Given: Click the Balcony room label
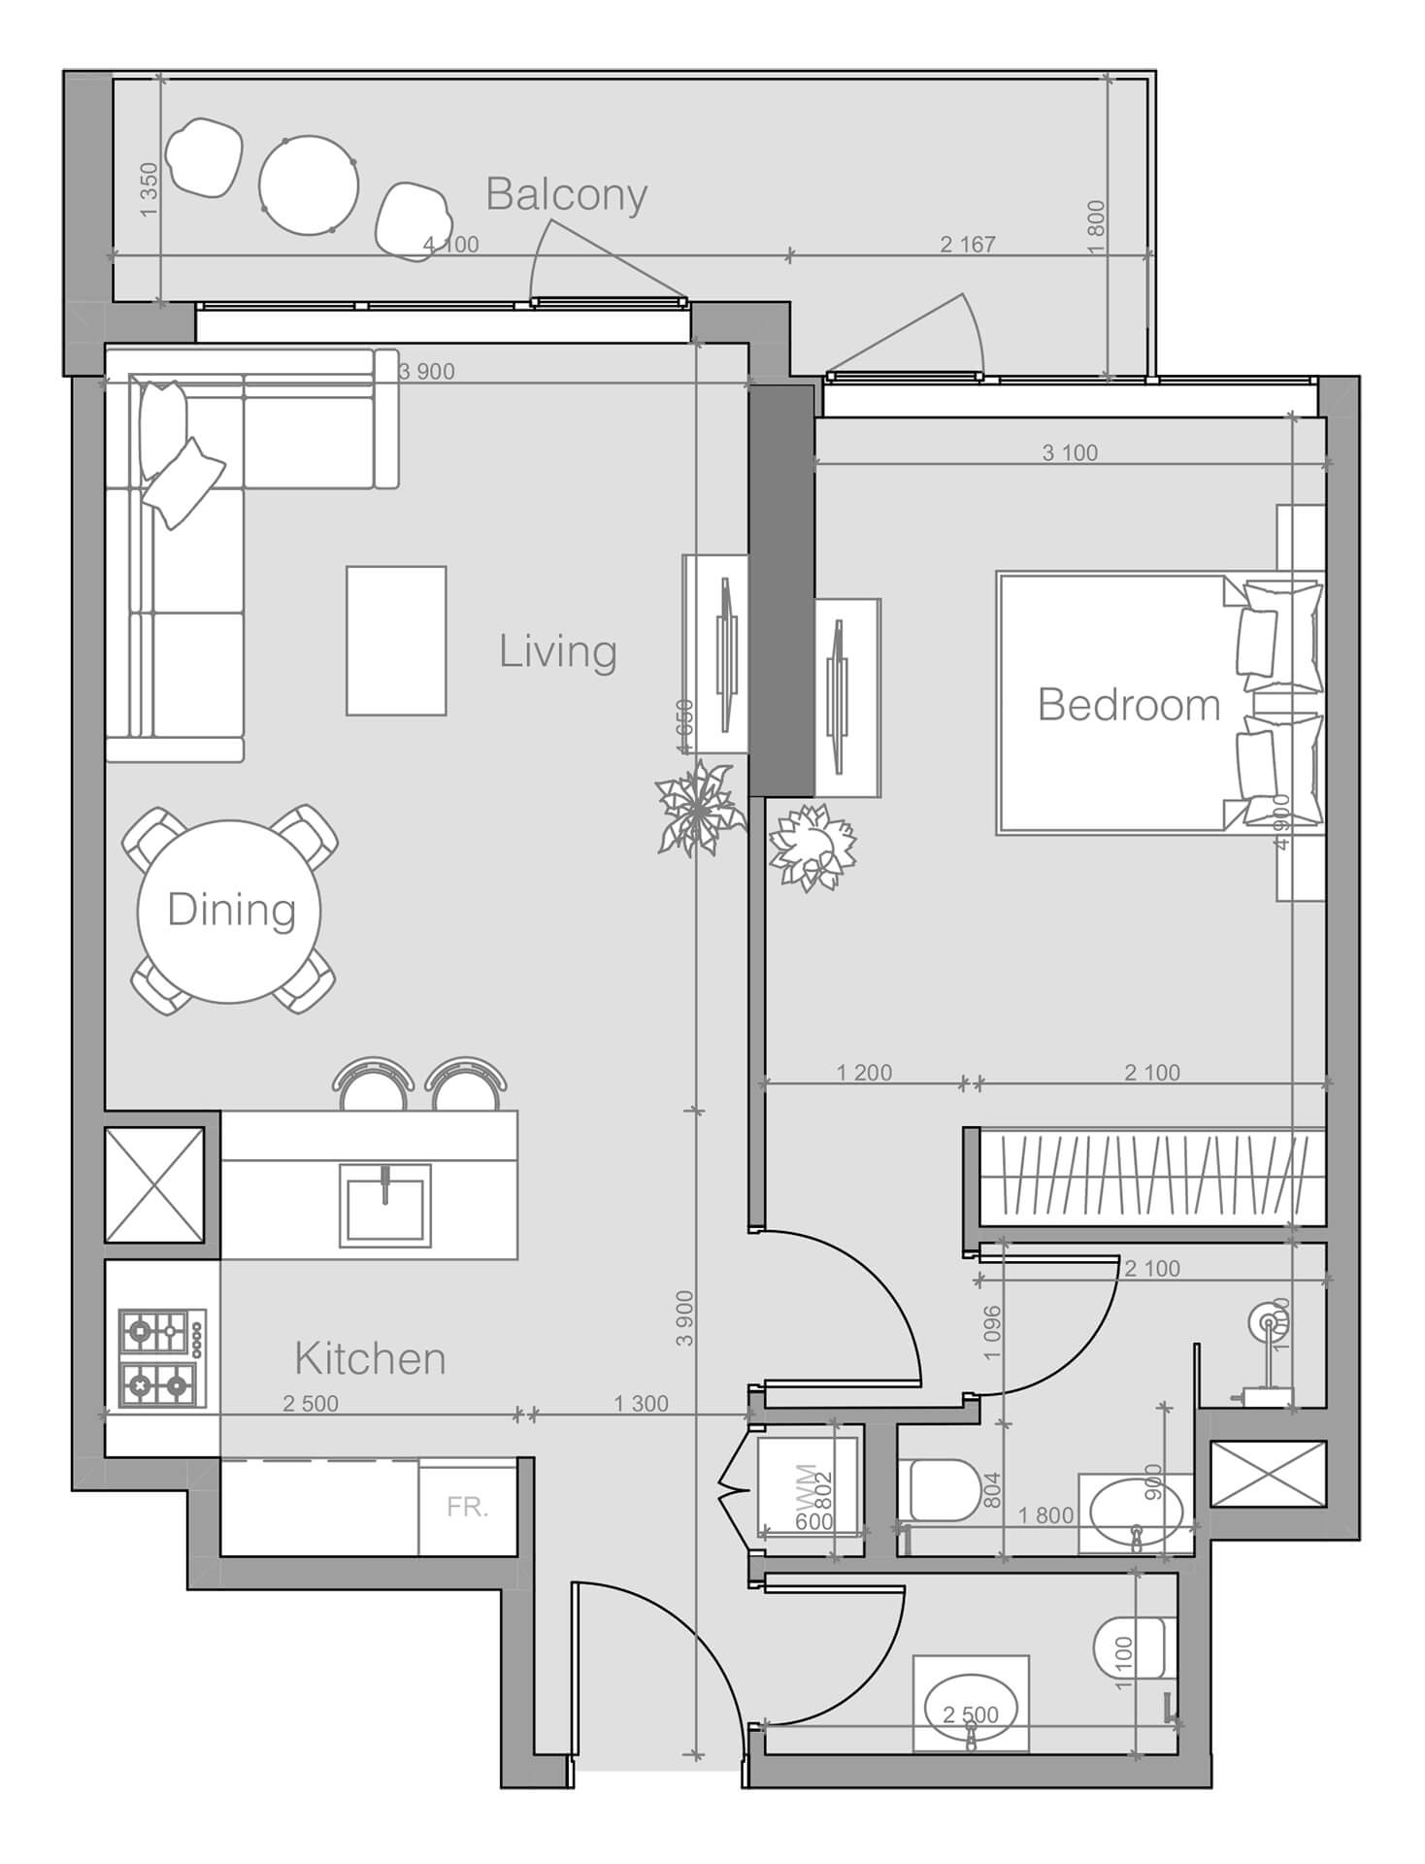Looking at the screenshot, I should point(566,194).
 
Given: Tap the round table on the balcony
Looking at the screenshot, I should point(309,184).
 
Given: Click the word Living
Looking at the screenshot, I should point(557,650).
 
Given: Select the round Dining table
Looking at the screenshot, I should point(230,910).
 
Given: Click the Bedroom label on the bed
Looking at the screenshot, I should point(1128,704).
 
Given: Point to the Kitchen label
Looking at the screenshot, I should point(370,1358).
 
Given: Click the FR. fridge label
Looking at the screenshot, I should point(467,1508).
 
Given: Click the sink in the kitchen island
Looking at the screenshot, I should point(384,1208).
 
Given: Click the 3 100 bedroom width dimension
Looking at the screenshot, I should point(1070,452).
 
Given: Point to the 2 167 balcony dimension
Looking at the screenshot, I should point(968,245).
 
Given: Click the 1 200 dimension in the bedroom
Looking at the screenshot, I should point(864,1073).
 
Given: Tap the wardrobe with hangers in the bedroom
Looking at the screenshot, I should point(1150,1177).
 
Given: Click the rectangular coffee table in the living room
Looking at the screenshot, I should point(396,641).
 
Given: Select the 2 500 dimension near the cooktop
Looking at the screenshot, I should point(311,1403).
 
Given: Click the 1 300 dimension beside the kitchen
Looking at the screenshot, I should point(641,1403).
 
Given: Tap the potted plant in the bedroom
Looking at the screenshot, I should point(812,848).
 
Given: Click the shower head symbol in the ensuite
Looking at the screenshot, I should point(1267,1320).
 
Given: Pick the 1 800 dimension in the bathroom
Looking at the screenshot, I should point(1044,1515).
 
